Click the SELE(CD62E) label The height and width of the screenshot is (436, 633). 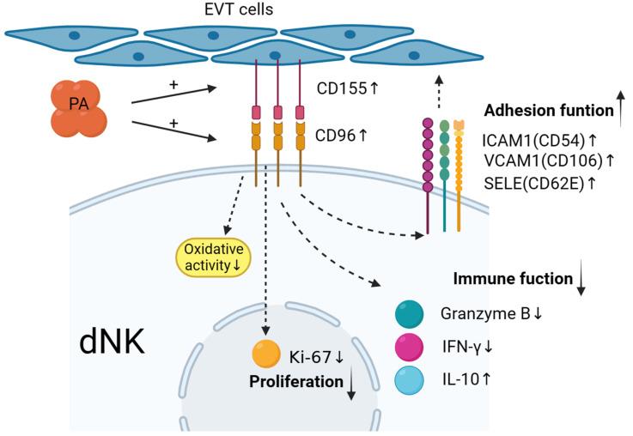tap(538, 181)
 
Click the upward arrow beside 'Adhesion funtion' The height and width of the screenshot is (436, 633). tap(620, 110)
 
